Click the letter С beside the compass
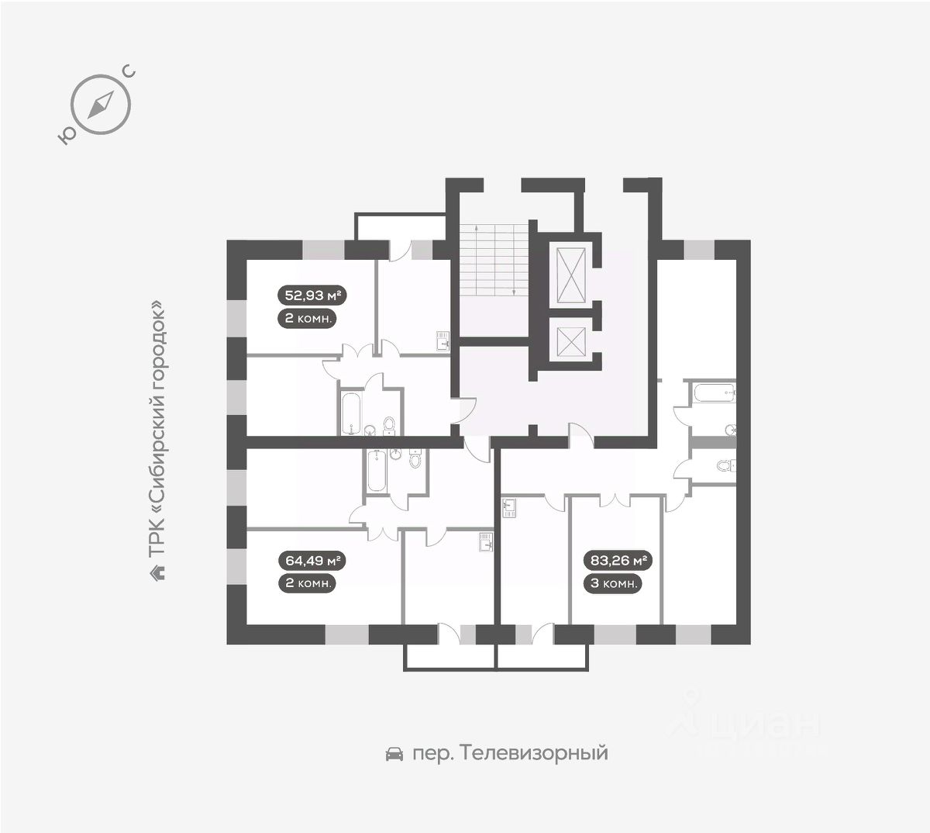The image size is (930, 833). [129, 72]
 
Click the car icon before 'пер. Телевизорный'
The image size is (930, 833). [394, 753]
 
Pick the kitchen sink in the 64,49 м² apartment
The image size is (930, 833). [486, 541]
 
